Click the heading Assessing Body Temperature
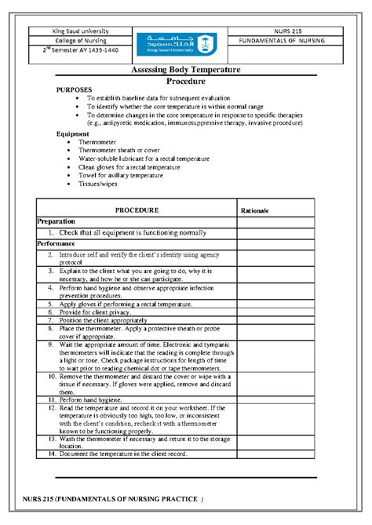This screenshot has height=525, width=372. click(185, 71)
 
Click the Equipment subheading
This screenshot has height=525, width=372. click(73, 134)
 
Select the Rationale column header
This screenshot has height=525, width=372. click(255, 211)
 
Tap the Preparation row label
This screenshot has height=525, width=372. click(57, 222)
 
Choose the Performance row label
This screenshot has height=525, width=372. click(58, 244)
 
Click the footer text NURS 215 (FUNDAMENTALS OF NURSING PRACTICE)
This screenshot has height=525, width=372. click(112, 500)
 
